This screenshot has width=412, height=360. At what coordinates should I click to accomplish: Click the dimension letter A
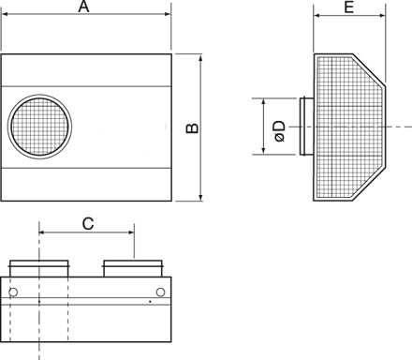[x=83, y=7]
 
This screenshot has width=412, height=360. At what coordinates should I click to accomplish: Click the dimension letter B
[x=192, y=127]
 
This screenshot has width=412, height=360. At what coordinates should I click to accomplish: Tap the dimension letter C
[x=88, y=224]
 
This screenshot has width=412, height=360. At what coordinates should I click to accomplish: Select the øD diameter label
[x=280, y=131]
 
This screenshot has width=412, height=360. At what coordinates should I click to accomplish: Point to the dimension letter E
[x=349, y=7]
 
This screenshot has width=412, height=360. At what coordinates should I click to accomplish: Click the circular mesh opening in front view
[x=39, y=127]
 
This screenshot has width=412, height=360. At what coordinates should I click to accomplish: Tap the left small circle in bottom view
[x=13, y=292]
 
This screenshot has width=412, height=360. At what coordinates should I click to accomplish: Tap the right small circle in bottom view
[x=160, y=292]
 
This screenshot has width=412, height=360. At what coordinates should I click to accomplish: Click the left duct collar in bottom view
[x=39, y=268]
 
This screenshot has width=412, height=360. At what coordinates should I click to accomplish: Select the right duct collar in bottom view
[x=133, y=268]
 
